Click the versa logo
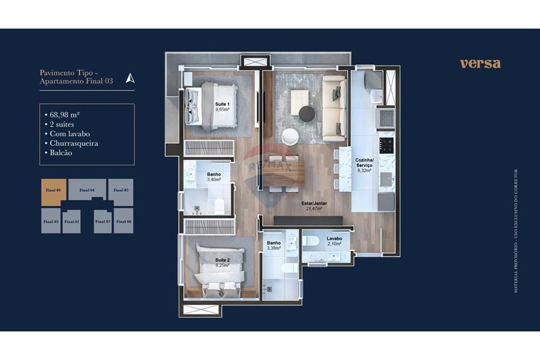(480, 64)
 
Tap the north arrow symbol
(130, 78)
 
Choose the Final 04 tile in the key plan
(87, 190)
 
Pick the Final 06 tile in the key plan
(123, 221)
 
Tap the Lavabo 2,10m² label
(333, 241)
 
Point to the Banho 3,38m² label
(274, 246)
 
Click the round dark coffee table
(307, 114)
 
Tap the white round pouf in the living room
(289, 136)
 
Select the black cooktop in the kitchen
(386, 145)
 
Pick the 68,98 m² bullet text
(65, 114)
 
